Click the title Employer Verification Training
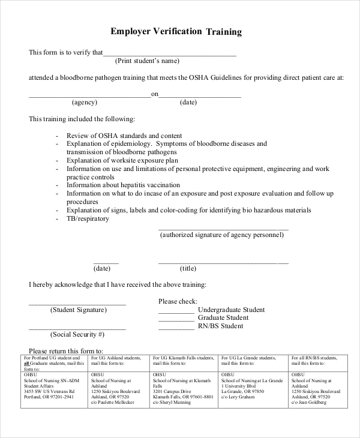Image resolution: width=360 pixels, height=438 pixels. pyautogui.click(x=176, y=31)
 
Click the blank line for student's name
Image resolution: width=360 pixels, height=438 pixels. pyautogui.click(x=170, y=55)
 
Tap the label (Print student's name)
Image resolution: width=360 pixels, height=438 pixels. pyautogui.click(x=147, y=61)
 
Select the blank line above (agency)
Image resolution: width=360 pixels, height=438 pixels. pyautogui.click(x=89, y=96)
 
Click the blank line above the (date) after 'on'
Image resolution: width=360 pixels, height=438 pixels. pyautogui.click(x=200, y=96)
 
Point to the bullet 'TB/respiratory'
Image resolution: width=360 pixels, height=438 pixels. pyautogui.click(x=88, y=219)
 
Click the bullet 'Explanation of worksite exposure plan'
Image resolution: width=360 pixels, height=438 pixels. pyautogui.click(x=122, y=161)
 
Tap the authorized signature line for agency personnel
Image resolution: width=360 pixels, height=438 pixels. pyautogui.click(x=223, y=229)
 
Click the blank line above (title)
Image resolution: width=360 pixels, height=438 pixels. pyautogui.click(x=223, y=263)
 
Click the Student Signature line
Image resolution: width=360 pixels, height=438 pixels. pyautogui.click(x=77, y=305)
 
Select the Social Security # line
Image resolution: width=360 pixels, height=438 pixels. pyautogui.click(x=77, y=329)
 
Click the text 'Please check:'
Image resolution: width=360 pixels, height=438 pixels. pyautogui.click(x=178, y=301)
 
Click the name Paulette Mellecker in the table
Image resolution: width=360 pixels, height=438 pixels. pyautogui.click(x=112, y=403)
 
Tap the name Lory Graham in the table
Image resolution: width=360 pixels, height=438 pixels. pyautogui.click(x=238, y=397)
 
